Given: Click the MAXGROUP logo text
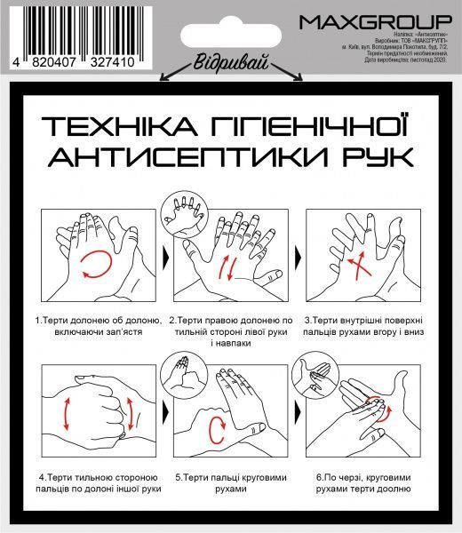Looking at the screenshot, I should [375, 20].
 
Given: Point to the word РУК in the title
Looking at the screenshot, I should [374, 157].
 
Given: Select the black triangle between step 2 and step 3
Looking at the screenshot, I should [299, 258].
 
